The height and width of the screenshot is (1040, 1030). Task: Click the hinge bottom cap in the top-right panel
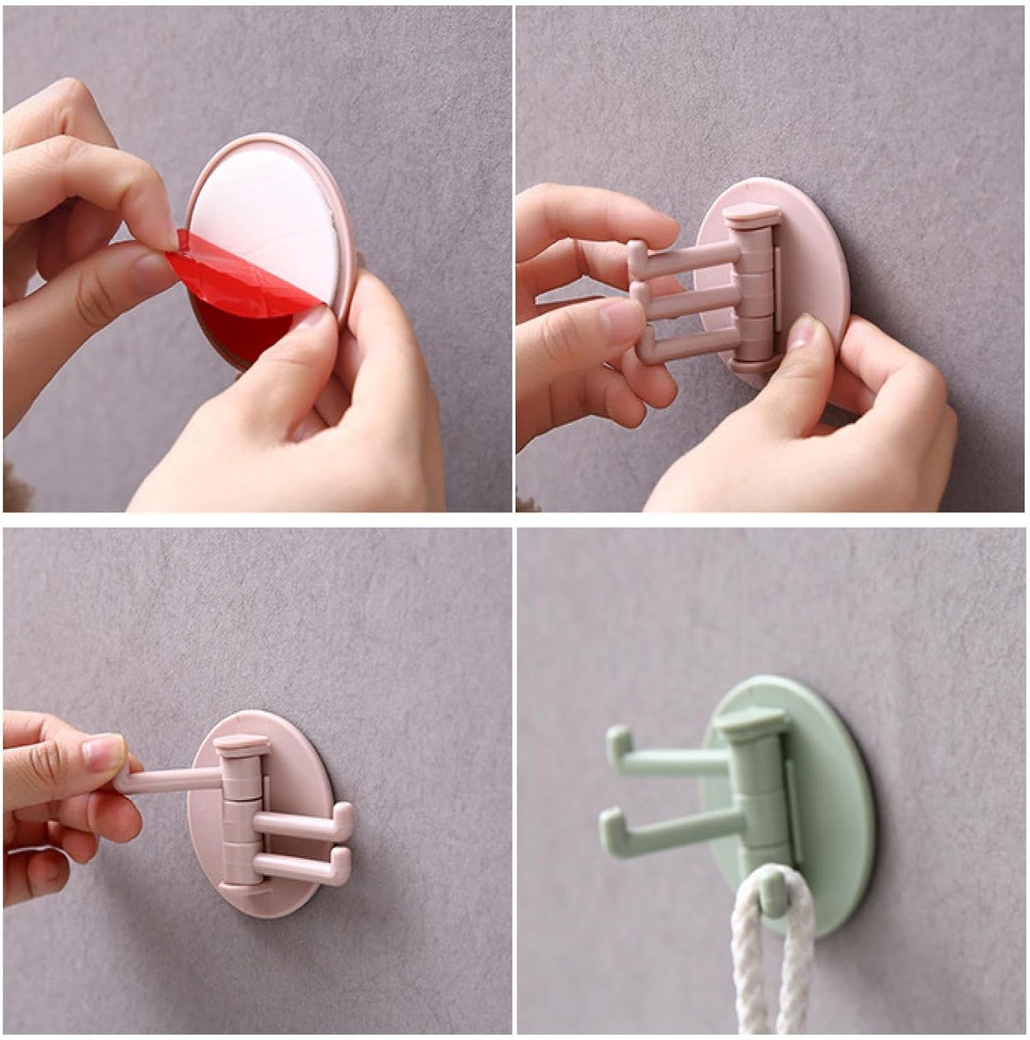pyautogui.click(x=752, y=366)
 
